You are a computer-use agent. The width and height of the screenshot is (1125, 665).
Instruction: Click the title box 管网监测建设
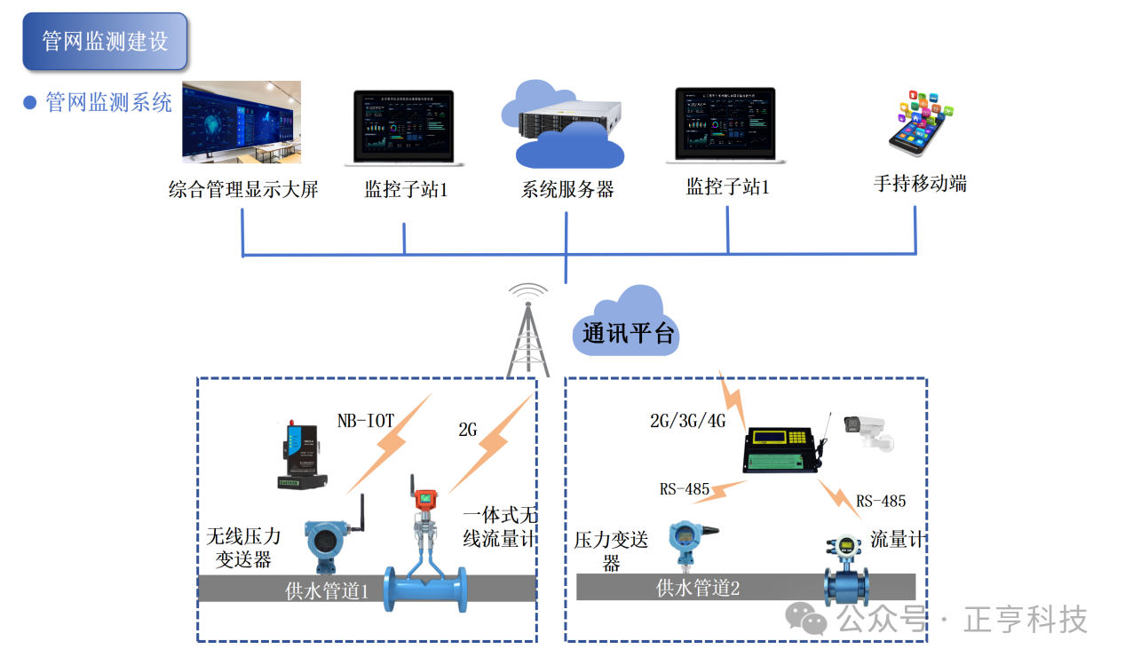pyautogui.click(x=105, y=41)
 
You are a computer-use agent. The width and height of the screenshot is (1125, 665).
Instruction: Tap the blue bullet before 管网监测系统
pyautogui.click(x=29, y=103)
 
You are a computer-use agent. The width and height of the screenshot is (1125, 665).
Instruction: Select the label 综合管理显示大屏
pyautogui.click(x=242, y=189)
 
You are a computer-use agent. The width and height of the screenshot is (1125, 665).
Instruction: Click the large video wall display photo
pyautogui.click(x=242, y=122)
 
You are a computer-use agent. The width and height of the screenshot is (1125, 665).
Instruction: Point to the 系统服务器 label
pyautogui.click(x=567, y=189)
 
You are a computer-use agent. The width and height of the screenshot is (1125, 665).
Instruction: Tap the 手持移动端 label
pyautogui.click(x=920, y=184)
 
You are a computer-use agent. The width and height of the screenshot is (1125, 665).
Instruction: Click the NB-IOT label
pyautogui.click(x=365, y=419)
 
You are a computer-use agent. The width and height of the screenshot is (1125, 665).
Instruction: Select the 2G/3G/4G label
pyautogui.click(x=687, y=420)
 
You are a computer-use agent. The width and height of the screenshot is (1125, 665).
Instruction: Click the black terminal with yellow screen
pyautogui.click(x=781, y=448)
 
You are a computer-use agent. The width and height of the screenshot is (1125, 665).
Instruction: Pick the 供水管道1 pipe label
pyautogui.click(x=327, y=590)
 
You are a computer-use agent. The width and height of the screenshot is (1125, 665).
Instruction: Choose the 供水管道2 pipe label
pyautogui.click(x=697, y=587)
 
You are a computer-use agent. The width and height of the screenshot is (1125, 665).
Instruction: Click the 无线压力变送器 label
pyautogui.click(x=243, y=548)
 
